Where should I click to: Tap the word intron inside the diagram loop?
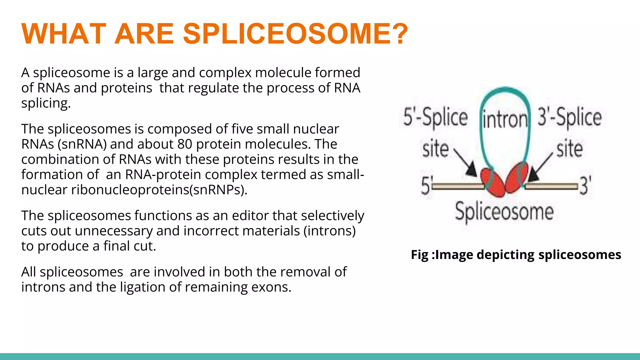505,120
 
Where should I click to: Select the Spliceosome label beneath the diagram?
504,212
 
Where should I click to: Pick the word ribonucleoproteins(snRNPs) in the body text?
159,190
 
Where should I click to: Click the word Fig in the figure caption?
419,255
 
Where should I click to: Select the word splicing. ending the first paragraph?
46,103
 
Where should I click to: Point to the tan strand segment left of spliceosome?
458,187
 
